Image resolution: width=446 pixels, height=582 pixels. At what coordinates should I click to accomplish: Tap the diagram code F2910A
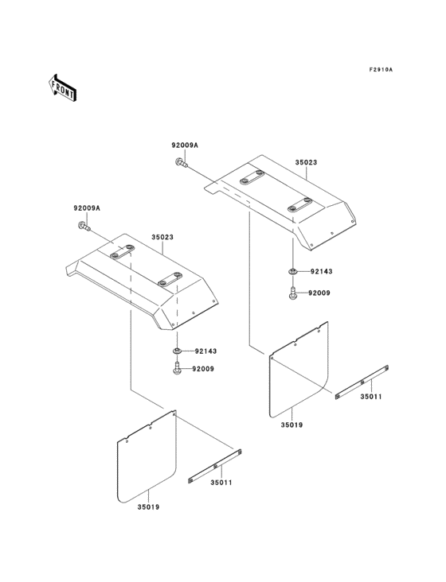tap(381, 70)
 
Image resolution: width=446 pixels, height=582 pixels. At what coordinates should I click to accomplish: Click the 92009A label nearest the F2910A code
tap(185, 145)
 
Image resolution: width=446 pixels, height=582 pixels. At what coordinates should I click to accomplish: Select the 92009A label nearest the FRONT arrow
tap(87, 208)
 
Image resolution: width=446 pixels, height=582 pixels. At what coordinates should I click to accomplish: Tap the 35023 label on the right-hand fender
tap(306, 161)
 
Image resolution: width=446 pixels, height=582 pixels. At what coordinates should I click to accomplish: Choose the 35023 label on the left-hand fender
tap(163, 236)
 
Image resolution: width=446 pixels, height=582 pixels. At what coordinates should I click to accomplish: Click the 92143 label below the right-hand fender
tap(321, 271)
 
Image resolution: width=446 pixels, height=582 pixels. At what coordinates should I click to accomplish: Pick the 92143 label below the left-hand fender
tap(205, 351)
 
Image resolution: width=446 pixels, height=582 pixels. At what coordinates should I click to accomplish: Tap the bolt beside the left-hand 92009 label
tap(176, 370)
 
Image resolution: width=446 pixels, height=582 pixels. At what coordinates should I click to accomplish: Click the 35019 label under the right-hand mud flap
tap(291, 426)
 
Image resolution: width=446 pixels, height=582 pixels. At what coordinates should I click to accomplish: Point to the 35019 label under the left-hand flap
tap(149, 506)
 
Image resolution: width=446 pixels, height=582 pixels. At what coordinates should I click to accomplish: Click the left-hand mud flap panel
tap(147, 460)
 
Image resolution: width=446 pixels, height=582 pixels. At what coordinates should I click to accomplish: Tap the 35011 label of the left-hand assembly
tap(222, 482)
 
